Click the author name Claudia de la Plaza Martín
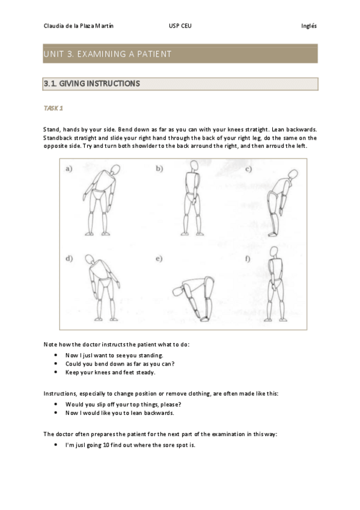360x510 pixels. point(78,26)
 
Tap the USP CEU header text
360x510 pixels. point(180,26)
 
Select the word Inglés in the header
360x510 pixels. point(309,26)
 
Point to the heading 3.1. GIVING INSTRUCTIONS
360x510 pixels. point(91,84)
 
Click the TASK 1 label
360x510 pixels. point(53,108)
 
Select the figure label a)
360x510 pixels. point(69,168)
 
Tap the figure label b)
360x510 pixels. point(159,168)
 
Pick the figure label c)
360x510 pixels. point(249,169)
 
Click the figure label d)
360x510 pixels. point(69,259)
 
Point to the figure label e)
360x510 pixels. point(159,259)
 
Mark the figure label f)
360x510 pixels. point(248,259)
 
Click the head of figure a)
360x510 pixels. point(115,170)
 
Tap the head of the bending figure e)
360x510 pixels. point(177,291)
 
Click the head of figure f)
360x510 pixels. point(274,251)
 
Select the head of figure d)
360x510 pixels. point(90,259)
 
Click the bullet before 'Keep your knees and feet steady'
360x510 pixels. point(56,372)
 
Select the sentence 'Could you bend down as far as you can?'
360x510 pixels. point(120,364)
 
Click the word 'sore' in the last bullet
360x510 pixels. point(169,445)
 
